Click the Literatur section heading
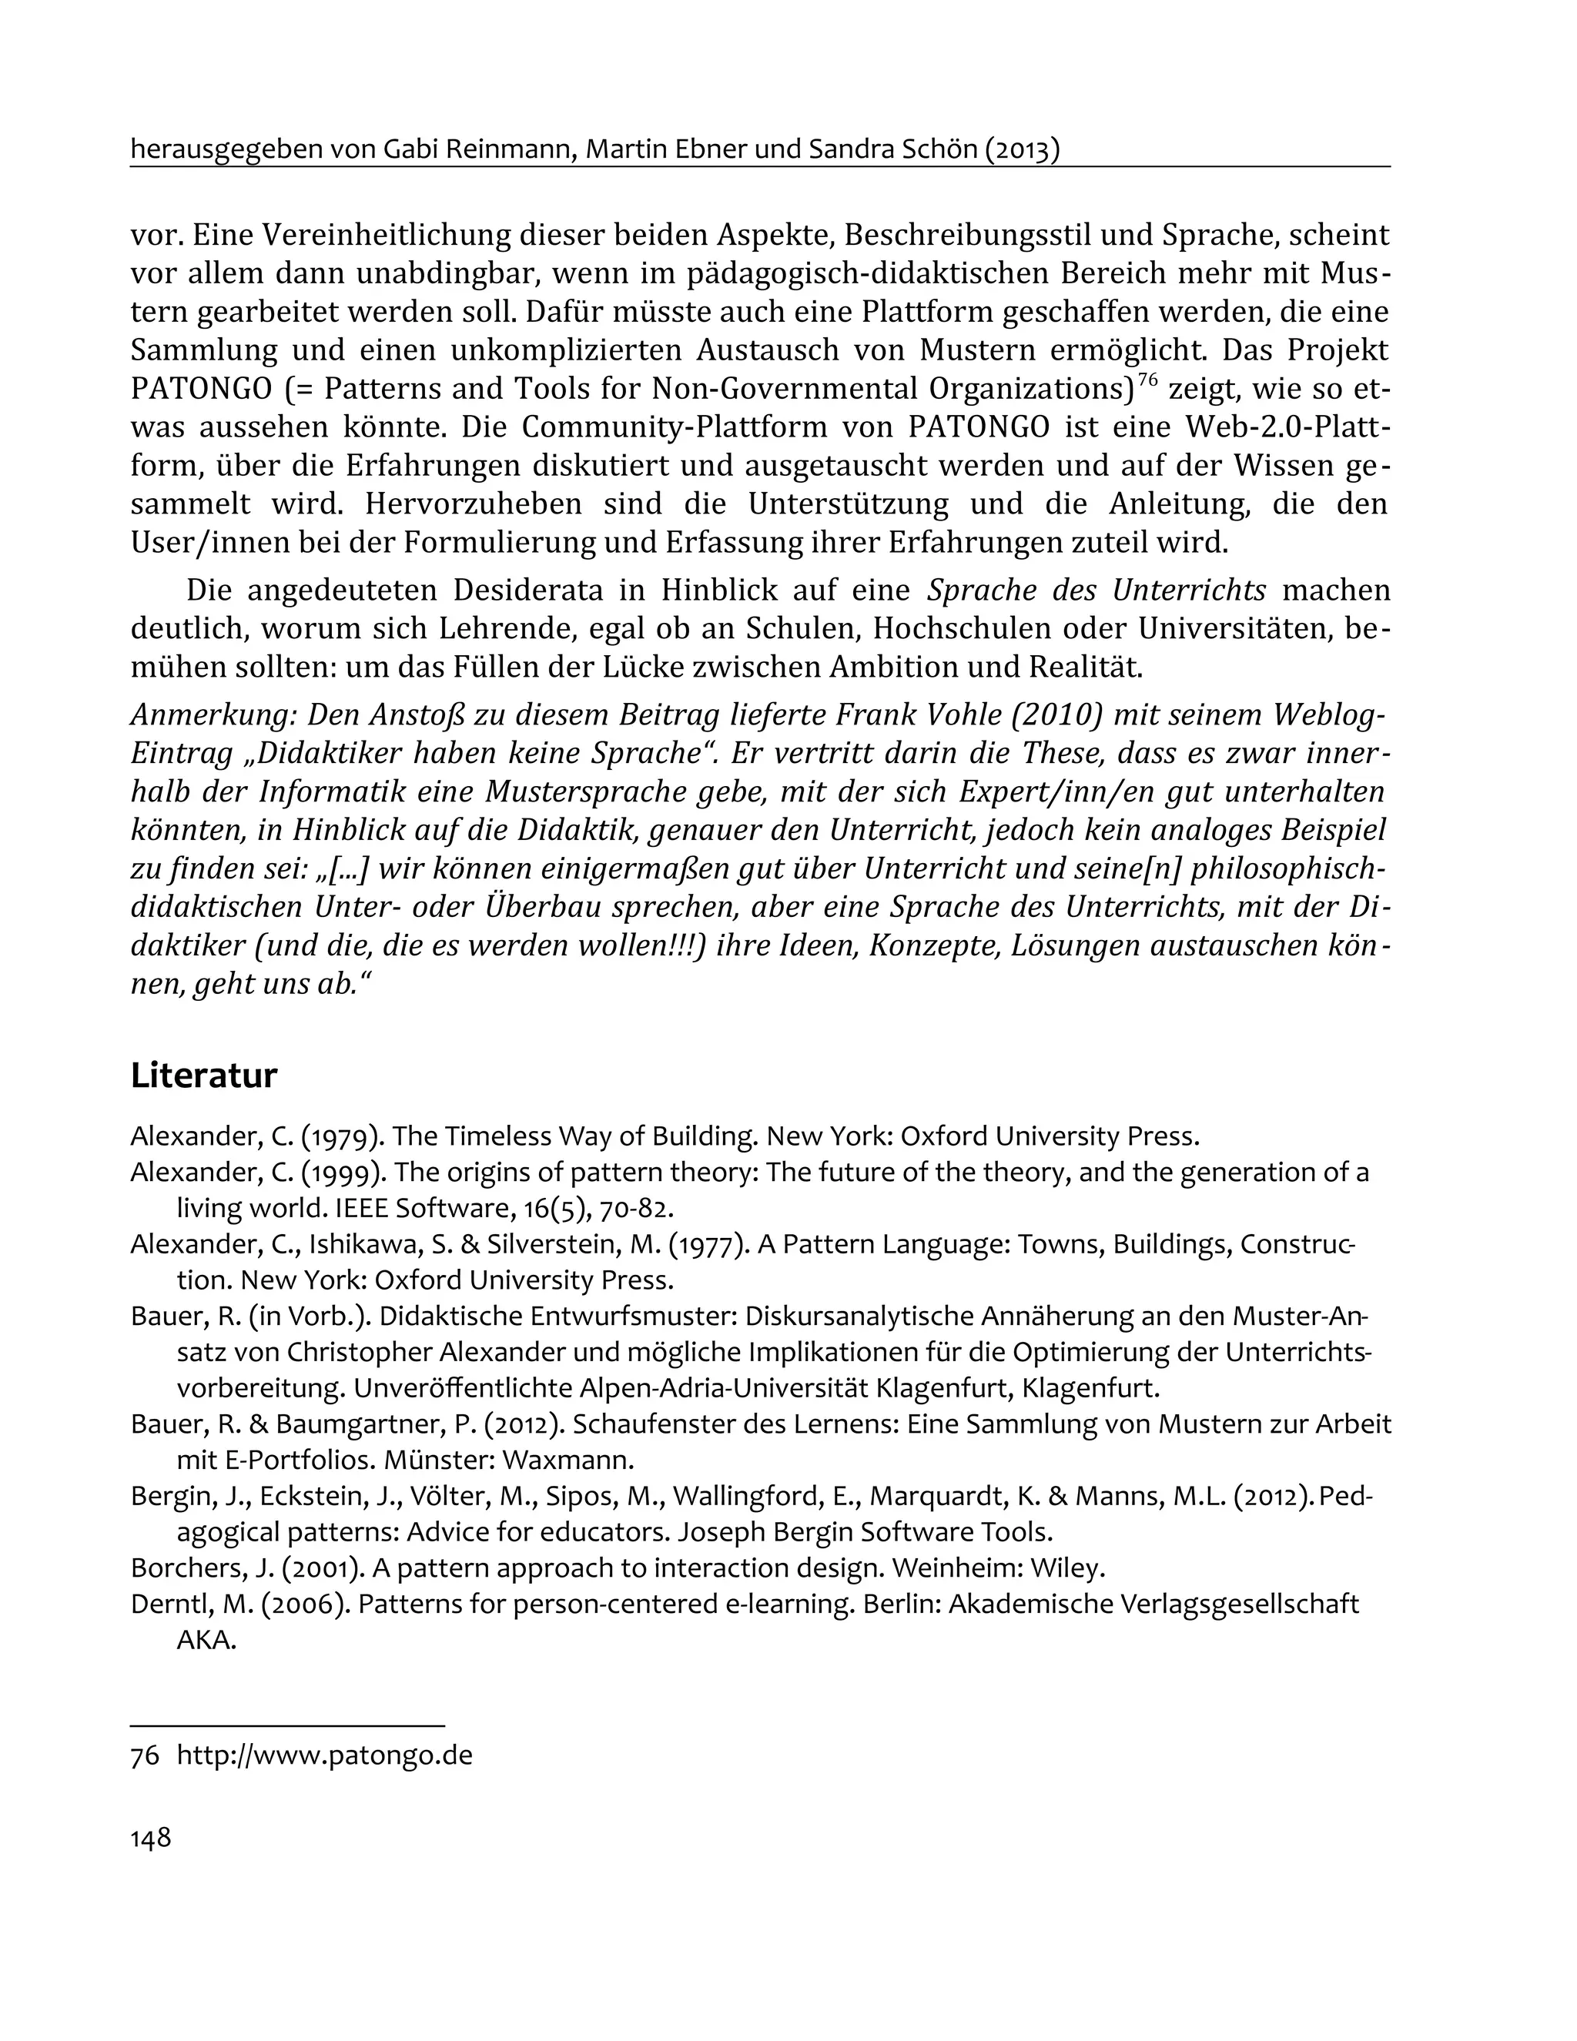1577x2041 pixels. click(x=204, y=1076)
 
